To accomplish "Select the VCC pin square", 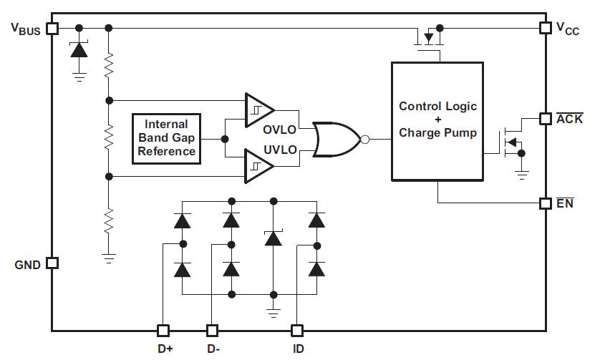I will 546,28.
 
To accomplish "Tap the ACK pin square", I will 546,119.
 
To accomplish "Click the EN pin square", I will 546,203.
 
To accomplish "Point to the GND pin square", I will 52,263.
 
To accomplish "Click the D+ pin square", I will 163,331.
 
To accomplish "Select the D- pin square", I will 212,331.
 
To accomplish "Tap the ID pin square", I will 297,331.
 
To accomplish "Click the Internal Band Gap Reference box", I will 166,138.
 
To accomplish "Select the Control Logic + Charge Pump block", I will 437,121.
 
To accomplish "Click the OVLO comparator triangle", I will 258,108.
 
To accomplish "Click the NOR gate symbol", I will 337,138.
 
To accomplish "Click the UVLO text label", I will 280,150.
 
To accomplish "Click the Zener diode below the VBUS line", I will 79,51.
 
